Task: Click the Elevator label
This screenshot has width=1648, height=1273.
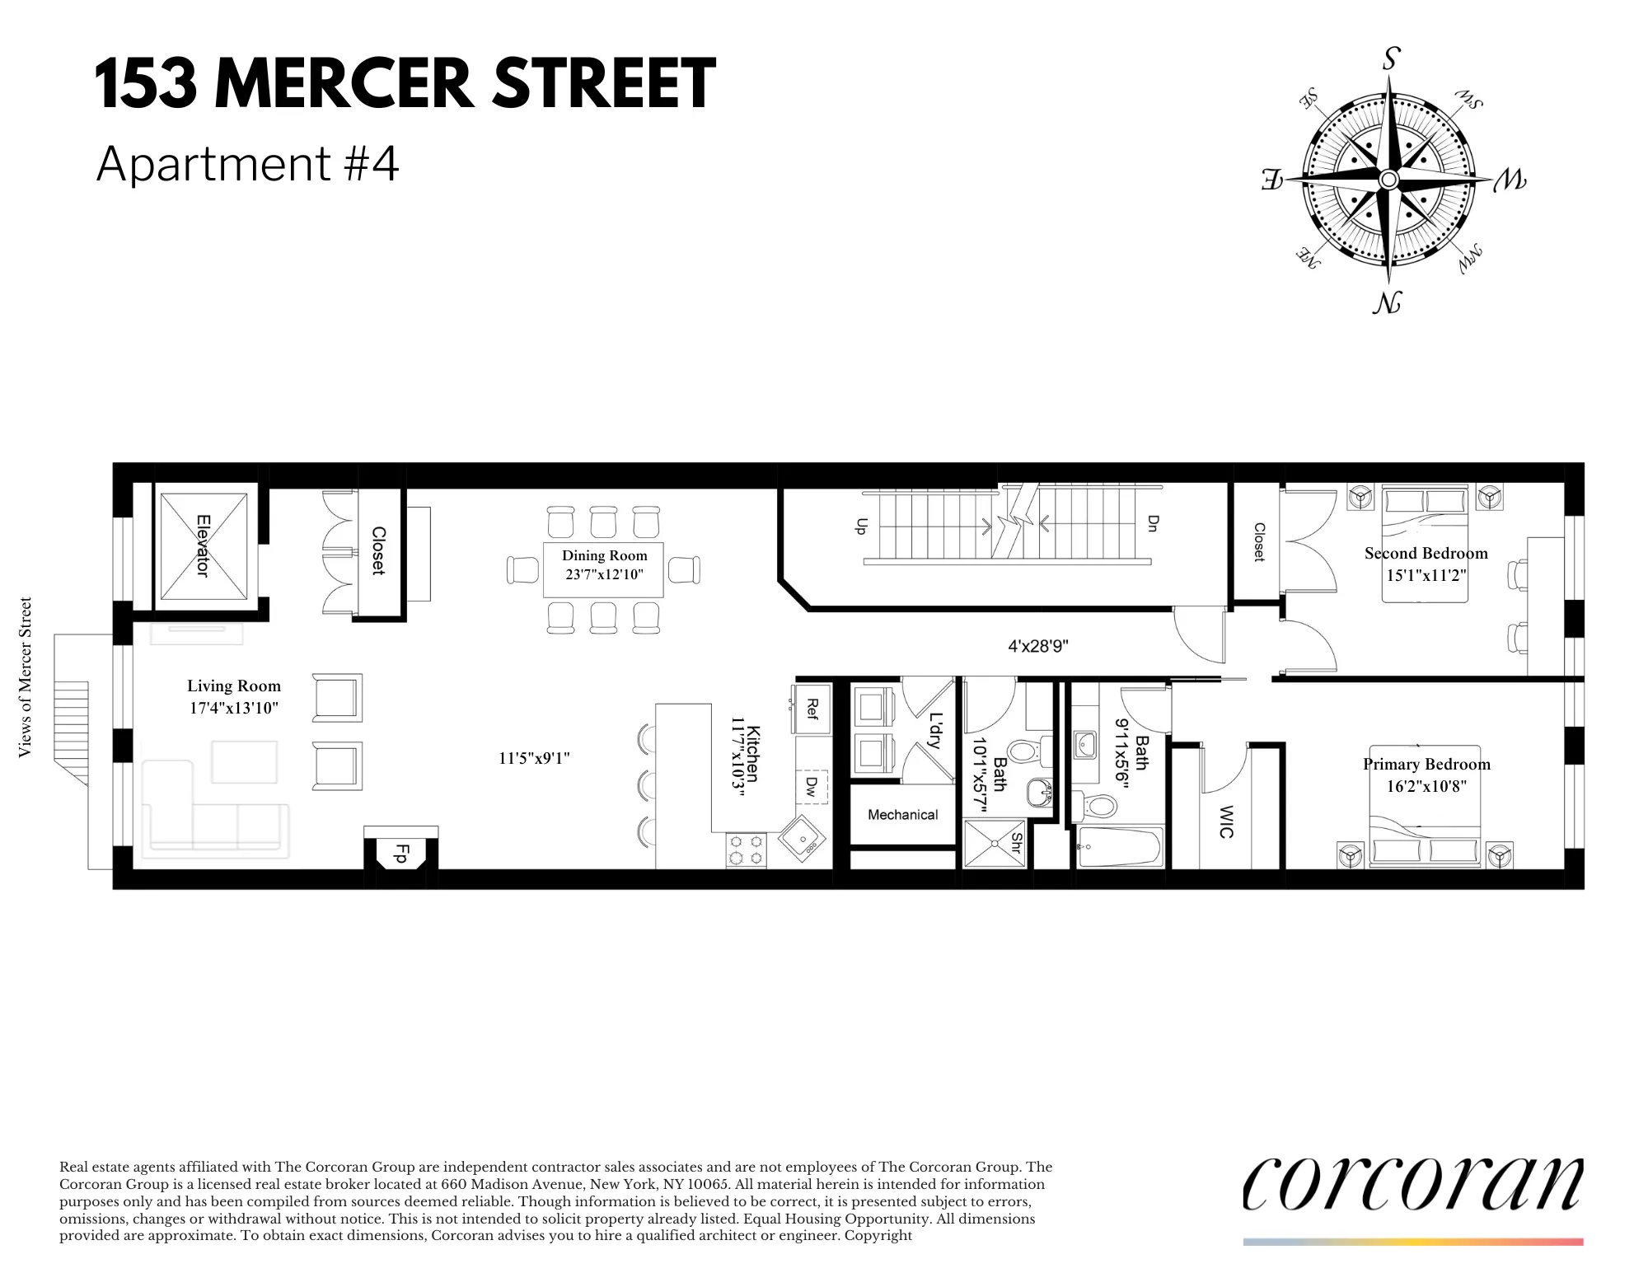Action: coord(203,545)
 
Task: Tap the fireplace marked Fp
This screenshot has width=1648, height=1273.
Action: coord(401,854)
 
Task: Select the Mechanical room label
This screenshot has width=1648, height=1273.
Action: coord(902,815)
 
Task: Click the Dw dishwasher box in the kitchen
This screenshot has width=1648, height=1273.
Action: coord(811,788)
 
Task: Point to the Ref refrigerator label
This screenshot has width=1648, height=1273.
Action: coord(812,709)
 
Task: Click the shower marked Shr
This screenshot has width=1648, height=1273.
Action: coord(995,843)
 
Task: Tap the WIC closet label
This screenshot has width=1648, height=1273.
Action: coord(1225,821)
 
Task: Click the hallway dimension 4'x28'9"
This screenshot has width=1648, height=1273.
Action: coord(1037,647)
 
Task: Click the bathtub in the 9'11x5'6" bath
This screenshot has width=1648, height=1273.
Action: coord(1120,849)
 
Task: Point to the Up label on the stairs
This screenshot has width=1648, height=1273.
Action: coord(862,527)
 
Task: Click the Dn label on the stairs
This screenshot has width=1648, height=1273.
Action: coord(1152,524)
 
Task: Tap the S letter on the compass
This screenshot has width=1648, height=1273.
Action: coord(1391,59)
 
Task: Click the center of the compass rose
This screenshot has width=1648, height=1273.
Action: coord(1389,180)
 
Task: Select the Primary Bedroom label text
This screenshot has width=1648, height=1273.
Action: coord(1426,764)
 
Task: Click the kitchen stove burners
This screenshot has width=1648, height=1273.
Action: coord(747,849)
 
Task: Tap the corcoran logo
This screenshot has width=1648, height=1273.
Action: coord(1412,1184)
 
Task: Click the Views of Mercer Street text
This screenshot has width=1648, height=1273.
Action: coord(26,676)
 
